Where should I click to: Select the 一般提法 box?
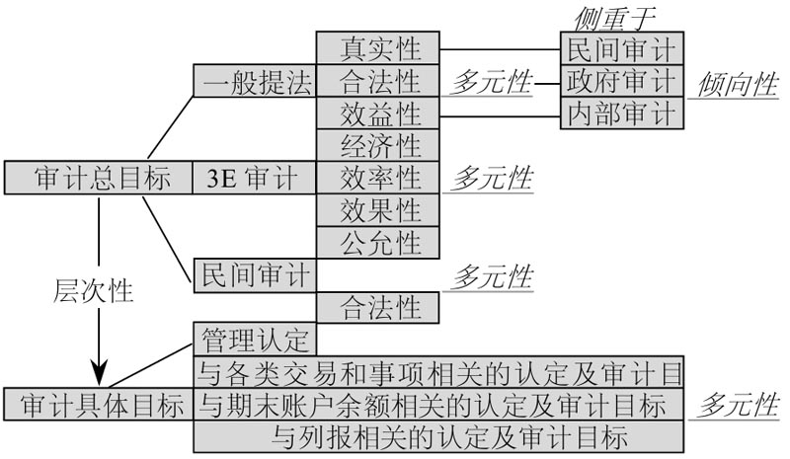coord(255,81)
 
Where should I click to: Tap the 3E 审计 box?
coord(254,178)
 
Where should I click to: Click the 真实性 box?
coord(377,48)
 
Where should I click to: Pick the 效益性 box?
coord(377,113)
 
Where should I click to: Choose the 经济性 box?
coord(377,145)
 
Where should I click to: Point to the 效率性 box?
coord(377,178)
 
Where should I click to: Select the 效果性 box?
coord(377,209)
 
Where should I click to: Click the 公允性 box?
coord(377,241)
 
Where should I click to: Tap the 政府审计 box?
coord(622,80)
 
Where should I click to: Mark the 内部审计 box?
coord(622,113)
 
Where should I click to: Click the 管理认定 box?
coord(255,339)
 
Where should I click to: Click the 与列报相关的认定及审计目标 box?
coord(438,435)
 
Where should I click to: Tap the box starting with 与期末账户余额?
coord(438,404)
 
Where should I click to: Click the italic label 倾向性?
coord(738,83)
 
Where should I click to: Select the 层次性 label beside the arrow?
coord(94,292)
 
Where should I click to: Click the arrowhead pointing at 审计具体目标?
coord(99,377)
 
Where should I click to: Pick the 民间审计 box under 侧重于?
coord(622,48)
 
